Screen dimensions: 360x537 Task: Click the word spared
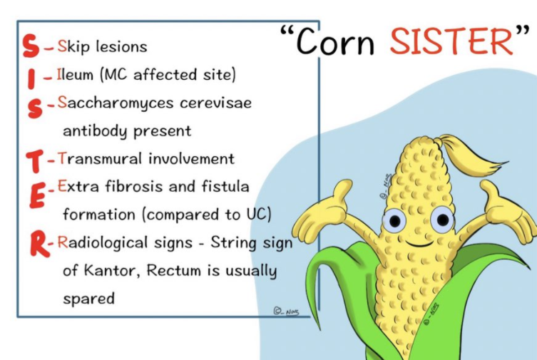click(x=89, y=299)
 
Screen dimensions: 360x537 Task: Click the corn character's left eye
click(x=394, y=220)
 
